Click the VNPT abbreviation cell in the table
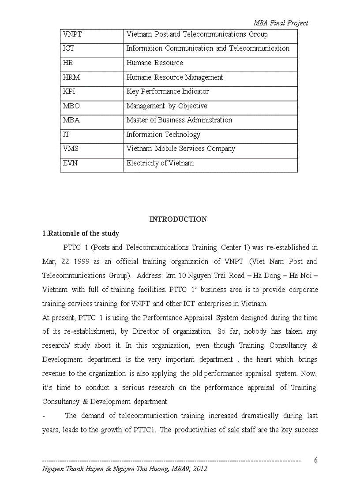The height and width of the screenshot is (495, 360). pyautogui.click(x=72, y=34)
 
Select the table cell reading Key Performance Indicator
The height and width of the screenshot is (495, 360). pyautogui.click(x=168, y=92)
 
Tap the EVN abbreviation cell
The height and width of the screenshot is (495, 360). pyautogui.click(x=71, y=163)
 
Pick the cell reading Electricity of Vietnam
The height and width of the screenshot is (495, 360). pyautogui.click(x=160, y=163)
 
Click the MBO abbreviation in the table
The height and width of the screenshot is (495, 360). pyautogui.click(x=71, y=106)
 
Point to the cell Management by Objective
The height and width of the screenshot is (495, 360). pyautogui.click(x=166, y=106)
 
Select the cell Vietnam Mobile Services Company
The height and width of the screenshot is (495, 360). pyautogui.click(x=180, y=149)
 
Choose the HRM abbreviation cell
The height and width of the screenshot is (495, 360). pyautogui.click(x=71, y=78)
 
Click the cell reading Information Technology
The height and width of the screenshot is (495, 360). pyautogui.click(x=163, y=134)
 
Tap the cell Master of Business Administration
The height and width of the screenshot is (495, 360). pyautogui.click(x=179, y=120)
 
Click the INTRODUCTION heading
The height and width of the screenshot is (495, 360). pyautogui.click(x=178, y=220)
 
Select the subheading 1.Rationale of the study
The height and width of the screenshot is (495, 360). pyautogui.click(x=80, y=234)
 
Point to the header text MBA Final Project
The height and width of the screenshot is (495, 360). pyautogui.click(x=281, y=23)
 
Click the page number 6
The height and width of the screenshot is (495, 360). pyautogui.click(x=316, y=460)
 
